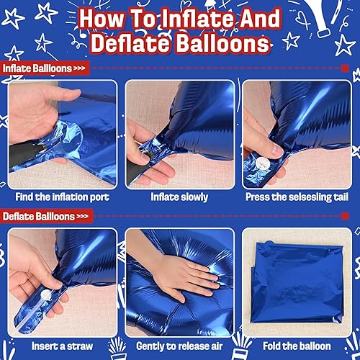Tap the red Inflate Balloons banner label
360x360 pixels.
coord(45,68)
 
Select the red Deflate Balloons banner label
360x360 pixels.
coord(46,216)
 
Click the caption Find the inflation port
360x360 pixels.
coord(63,197)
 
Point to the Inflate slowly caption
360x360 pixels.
coord(179,197)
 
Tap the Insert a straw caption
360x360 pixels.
coord(62,346)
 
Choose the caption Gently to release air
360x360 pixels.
coord(179,346)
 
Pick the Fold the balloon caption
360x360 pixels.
coord(297,346)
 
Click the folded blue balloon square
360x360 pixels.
coord(297,283)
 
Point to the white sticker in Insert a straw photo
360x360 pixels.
coord(46,295)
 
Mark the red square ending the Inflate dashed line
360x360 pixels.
coord(345,68)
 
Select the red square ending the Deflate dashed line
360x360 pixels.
coord(345,216)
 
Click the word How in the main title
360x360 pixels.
coord(102,19)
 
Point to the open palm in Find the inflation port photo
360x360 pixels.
coord(36,110)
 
